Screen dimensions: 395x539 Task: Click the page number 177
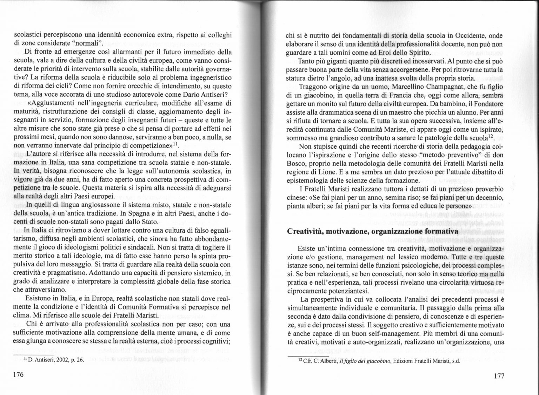tap(499, 376)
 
